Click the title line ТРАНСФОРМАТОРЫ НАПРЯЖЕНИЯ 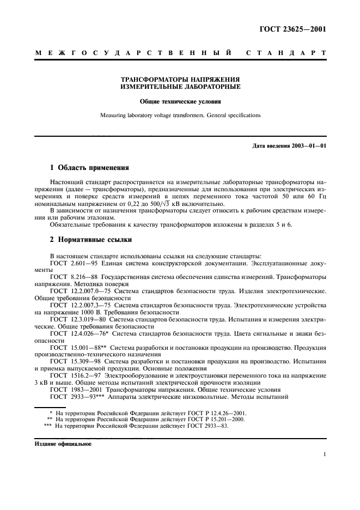tap(180, 79)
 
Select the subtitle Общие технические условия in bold tap(180, 101)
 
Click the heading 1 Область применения tap(86, 168)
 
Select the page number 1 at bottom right tap(324, 454)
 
